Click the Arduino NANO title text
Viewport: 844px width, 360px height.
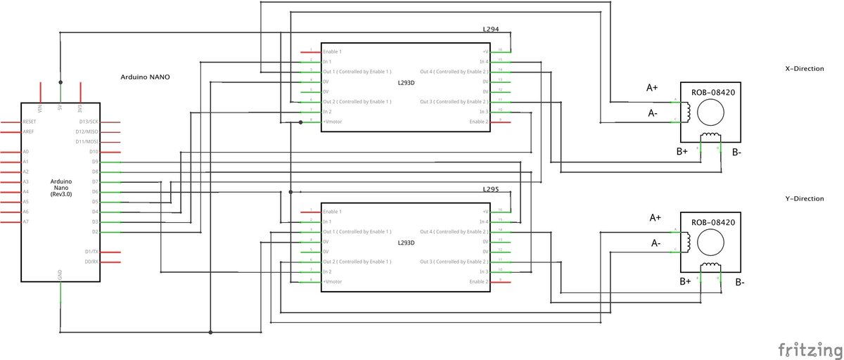click(x=145, y=77)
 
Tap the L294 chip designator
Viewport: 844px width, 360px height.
click(x=490, y=31)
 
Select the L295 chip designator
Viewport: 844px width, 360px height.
click(x=490, y=190)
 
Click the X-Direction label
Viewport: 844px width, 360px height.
click(x=804, y=69)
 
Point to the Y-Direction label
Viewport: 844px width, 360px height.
click(x=804, y=199)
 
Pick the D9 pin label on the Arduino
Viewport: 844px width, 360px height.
click(x=95, y=162)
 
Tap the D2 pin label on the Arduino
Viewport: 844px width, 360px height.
click(x=95, y=232)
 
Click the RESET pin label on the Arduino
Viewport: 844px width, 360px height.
click(x=30, y=122)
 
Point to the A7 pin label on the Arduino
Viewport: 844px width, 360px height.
click(x=26, y=221)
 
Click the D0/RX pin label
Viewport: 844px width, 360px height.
click(x=91, y=262)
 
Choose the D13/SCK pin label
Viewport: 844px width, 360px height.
click(x=89, y=122)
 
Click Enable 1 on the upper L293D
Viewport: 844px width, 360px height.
click(x=332, y=52)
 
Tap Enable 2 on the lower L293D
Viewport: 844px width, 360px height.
click(x=478, y=281)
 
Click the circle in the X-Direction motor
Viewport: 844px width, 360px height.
click(x=713, y=111)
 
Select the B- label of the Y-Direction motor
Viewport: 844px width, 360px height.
click(x=740, y=283)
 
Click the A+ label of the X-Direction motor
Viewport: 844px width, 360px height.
click(x=652, y=89)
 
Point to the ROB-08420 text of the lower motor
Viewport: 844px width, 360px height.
click(x=713, y=223)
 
